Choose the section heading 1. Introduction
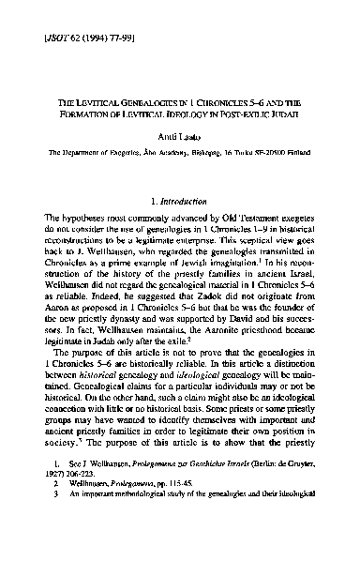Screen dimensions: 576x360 (179, 226)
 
